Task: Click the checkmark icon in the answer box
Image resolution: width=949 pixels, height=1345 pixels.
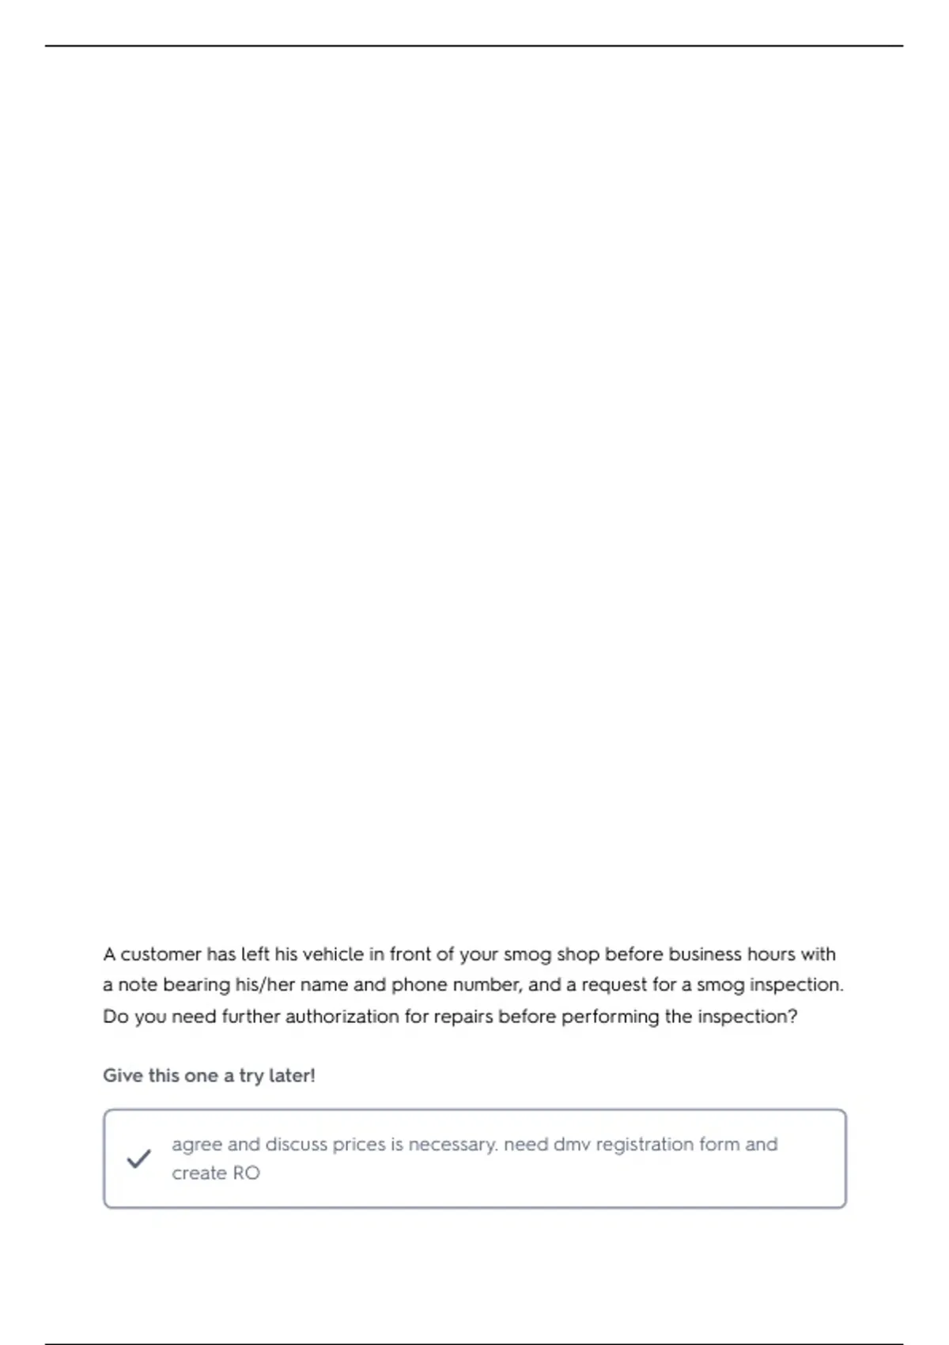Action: (138, 1159)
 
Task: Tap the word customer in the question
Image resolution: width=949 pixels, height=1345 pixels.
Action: (161, 954)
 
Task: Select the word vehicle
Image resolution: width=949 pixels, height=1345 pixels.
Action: (333, 954)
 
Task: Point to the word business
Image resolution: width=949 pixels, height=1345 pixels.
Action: (703, 954)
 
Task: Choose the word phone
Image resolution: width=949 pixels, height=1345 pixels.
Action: (419, 985)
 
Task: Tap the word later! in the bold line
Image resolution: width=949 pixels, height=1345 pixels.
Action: (292, 1076)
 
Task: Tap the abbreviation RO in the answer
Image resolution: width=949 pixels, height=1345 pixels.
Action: (246, 1173)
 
